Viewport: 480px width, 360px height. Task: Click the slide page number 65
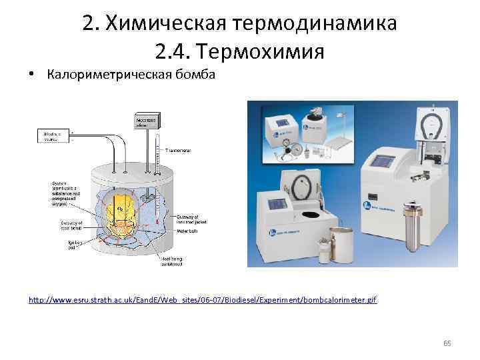(x=447, y=343)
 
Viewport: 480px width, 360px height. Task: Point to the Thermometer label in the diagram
(x=177, y=151)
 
